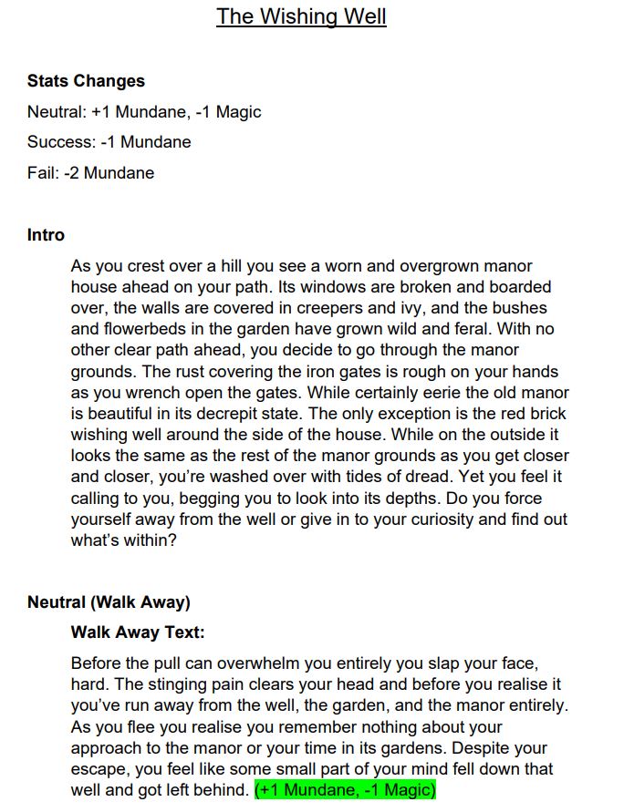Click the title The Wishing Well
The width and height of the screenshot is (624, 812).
301,16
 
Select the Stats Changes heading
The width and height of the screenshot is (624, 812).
86,81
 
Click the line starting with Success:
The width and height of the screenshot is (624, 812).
109,142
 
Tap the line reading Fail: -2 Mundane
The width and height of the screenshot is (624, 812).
90,173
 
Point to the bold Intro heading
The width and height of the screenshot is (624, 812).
46,235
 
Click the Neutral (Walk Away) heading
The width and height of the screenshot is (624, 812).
109,602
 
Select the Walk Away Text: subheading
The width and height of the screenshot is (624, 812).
138,632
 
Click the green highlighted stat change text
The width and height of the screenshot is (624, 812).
346,790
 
